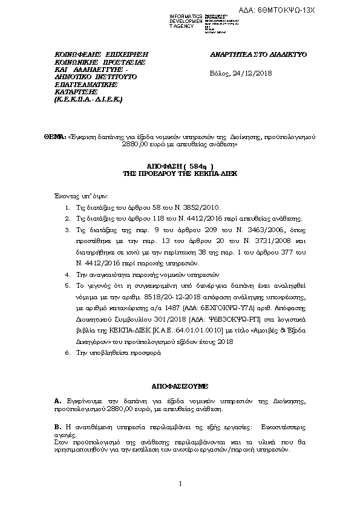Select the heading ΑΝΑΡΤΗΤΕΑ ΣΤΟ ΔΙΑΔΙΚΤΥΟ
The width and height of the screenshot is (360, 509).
tap(258, 54)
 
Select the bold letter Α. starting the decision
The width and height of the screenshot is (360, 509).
tap(57, 401)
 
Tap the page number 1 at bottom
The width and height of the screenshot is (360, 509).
tap(180, 482)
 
